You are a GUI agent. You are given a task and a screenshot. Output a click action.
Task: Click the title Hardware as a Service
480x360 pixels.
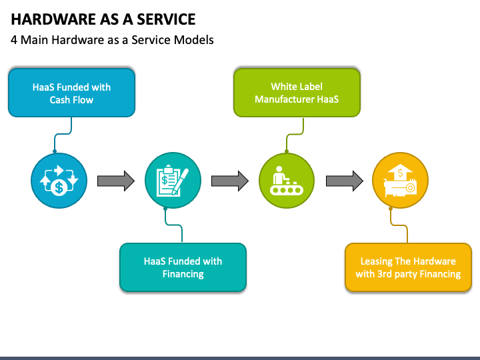pyautogui.click(x=103, y=19)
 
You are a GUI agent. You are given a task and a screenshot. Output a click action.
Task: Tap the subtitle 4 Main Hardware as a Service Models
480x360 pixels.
pyautogui.click(x=112, y=40)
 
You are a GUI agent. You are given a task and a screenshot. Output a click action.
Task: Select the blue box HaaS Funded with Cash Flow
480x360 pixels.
pyautogui.click(x=71, y=93)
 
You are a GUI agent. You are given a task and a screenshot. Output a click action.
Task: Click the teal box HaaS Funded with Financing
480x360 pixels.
pyautogui.click(x=183, y=267)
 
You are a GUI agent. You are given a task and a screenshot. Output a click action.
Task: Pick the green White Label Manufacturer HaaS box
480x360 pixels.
pyautogui.click(x=297, y=93)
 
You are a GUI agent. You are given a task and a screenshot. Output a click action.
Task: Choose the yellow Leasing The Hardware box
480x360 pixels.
pyautogui.click(x=409, y=267)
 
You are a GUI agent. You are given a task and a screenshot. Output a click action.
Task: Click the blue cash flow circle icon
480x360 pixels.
pyautogui.click(x=59, y=181)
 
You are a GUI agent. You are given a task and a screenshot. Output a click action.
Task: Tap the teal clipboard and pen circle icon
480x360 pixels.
pyautogui.click(x=173, y=181)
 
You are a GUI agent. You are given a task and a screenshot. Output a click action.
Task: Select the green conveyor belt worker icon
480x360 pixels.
pyautogui.click(x=287, y=181)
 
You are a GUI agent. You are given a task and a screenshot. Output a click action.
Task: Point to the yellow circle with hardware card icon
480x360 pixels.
pyautogui.click(x=401, y=181)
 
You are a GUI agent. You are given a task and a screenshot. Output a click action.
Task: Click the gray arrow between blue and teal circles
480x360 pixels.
pyautogui.click(x=116, y=181)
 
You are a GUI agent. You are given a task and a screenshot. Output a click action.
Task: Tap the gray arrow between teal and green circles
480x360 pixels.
pyautogui.click(x=229, y=181)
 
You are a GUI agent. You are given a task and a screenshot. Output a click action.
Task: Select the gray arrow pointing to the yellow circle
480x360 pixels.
pyautogui.click(x=345, y=181)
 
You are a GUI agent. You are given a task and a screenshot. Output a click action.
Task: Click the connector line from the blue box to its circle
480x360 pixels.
pyautogui.click(x=63, y=134)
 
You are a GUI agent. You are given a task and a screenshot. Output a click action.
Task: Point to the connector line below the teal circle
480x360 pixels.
pyautogui.click(x=174, y=225)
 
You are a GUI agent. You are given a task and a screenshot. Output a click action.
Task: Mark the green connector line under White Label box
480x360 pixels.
pyautogui.click(x=295, y=134)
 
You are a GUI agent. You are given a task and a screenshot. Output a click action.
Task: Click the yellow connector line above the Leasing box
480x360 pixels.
pyautogui.click(x=399, y=225)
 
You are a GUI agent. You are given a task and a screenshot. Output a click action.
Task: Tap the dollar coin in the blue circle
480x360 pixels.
pyautogui.click(x=59, y=187)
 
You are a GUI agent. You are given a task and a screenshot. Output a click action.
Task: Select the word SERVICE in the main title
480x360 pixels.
pyautogui.click(x=166, y=19)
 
